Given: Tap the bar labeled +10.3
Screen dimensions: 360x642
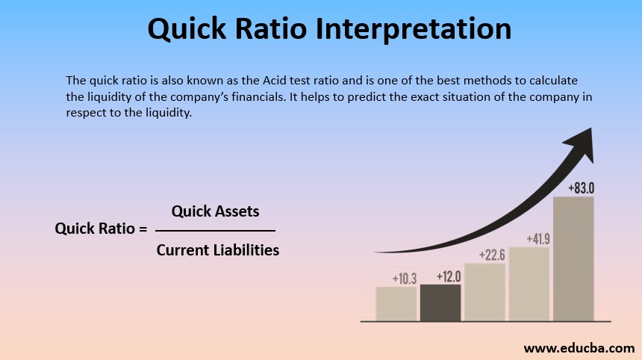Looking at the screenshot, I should [x=396, y=304].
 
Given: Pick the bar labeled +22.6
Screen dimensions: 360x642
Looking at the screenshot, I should [x=484, y=292].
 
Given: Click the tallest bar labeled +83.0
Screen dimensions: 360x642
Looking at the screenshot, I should [x=573, y=258].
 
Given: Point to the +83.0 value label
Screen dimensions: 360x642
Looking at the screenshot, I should [x=580, y=188].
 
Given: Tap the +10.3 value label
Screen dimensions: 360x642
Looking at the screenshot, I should [x=405, y=279].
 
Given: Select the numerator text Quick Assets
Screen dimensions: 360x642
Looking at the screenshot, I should [x=215, y=211].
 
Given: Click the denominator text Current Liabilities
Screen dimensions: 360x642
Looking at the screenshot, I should [x=217, y=250].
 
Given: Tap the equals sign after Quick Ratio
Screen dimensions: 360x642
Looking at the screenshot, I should [x=142, y=229].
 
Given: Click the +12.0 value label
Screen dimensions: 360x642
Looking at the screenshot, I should [x=449, y=276].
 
